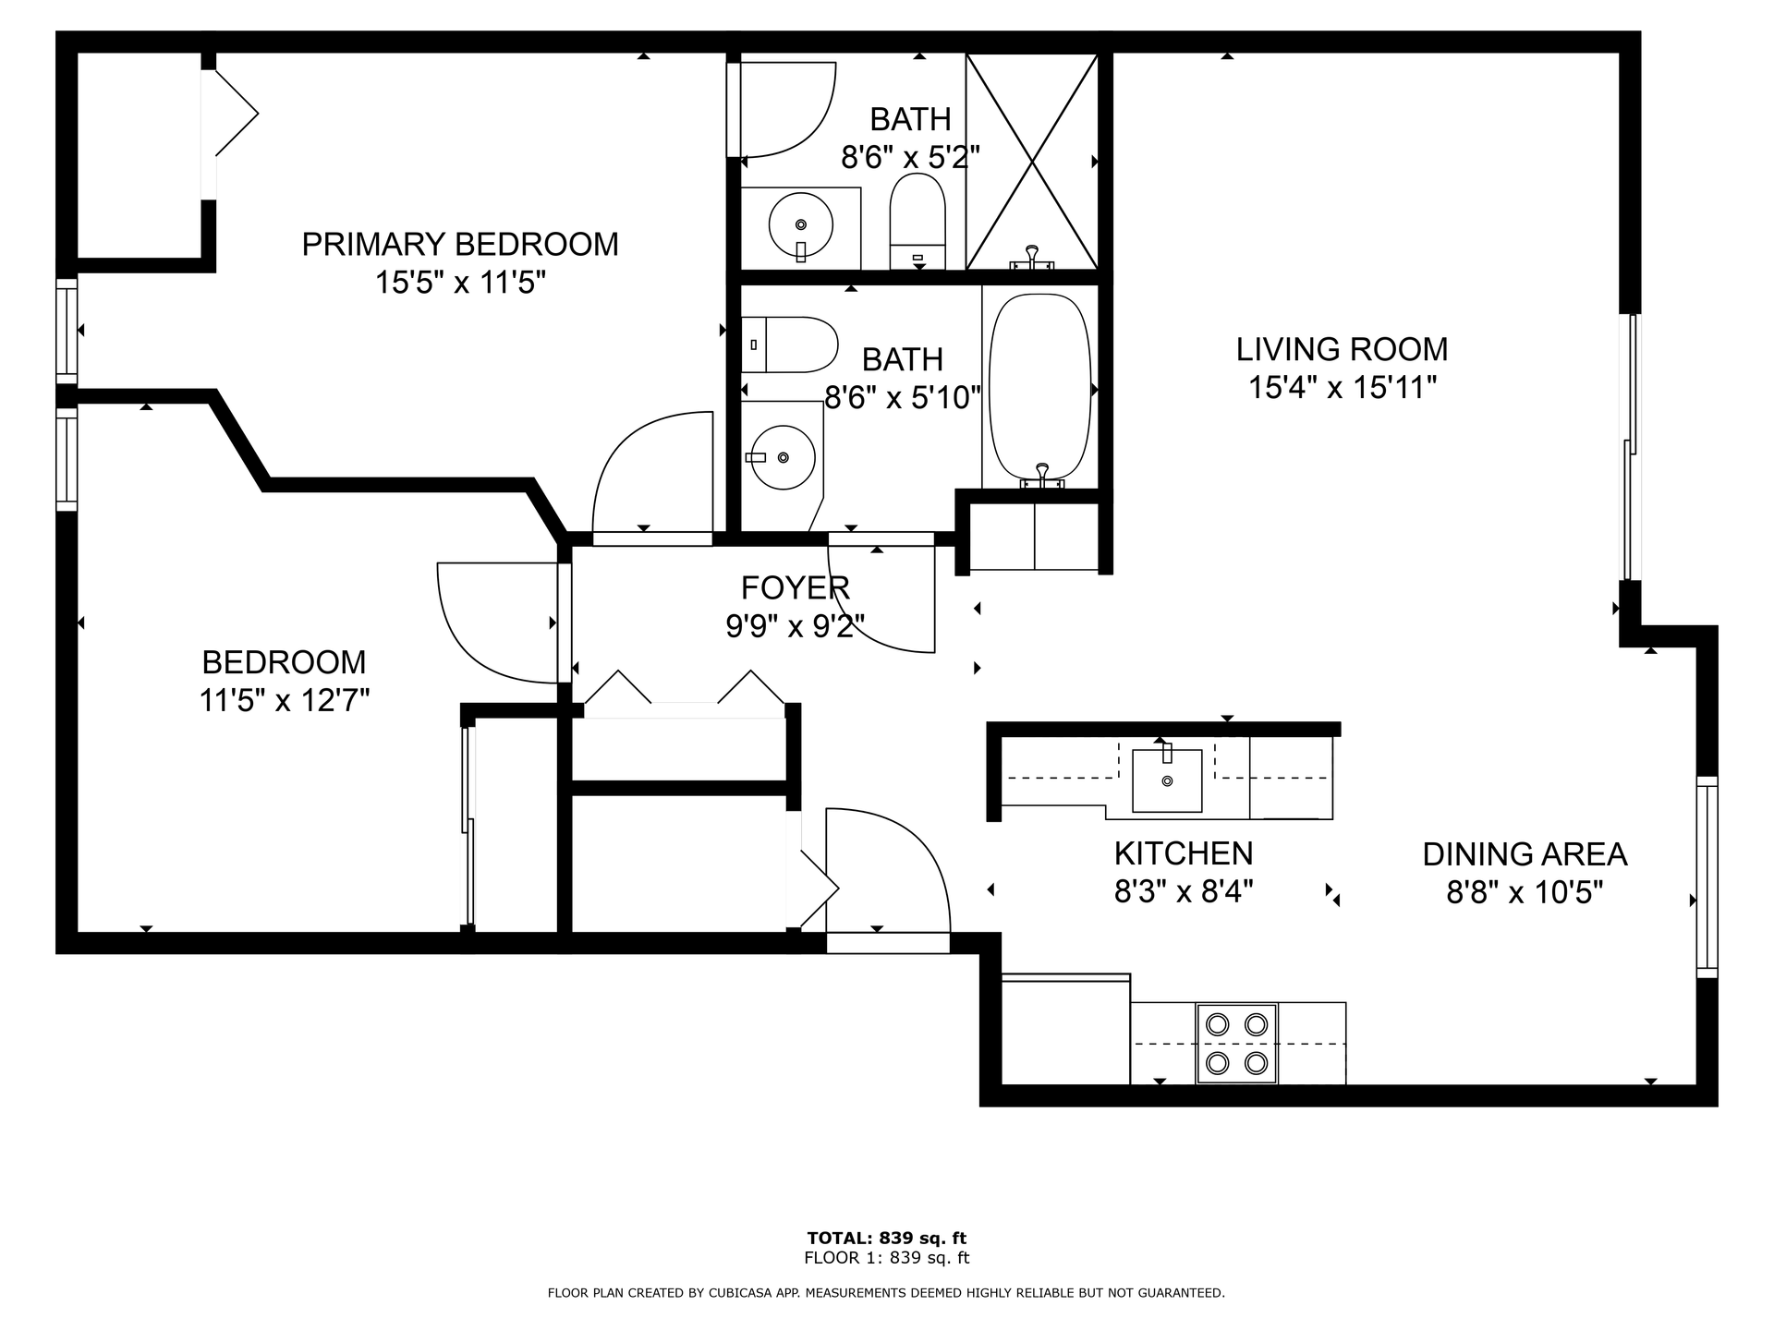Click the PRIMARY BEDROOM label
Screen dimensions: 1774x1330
click(460, 245)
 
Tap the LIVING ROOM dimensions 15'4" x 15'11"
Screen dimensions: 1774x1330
click(1343, 388)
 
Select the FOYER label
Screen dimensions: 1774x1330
click(795, 587)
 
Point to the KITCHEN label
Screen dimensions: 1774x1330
click(1184, 853)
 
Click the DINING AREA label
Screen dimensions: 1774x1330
click(1525, 854)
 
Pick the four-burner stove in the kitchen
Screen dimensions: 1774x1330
click(1237, 1043)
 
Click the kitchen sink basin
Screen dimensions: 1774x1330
click(1167, 780)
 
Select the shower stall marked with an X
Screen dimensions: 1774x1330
click(1032, 162)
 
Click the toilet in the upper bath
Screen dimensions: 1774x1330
click(917, 222)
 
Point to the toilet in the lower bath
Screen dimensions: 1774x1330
click(790, 345)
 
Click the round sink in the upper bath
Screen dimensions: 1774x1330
click(800, 224)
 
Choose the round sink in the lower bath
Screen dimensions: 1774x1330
click(784, 457)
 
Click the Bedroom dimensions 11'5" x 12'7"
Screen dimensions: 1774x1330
click(285, 701)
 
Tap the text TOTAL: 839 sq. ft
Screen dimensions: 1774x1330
click(887, 1238)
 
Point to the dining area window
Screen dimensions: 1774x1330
click(1707, 877)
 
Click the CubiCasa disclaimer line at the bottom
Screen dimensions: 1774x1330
click(887, 1293)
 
